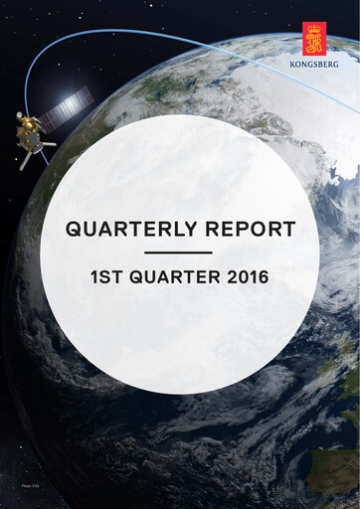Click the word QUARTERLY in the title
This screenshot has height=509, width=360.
(129, 230)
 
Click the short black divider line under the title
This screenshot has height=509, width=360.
(179, 253)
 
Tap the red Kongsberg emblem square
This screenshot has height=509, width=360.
(315, 37)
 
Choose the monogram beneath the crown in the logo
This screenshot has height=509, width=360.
(315, 43)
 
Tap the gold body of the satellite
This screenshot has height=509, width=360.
(29, 134)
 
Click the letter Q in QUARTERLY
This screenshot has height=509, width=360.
(74, 230)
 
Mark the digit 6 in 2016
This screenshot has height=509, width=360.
(265, 275)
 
